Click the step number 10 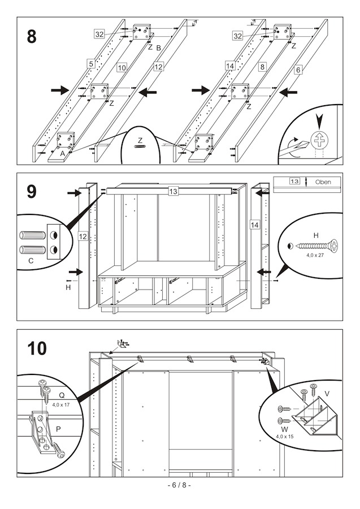(x=37, y=348)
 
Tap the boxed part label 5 (x=90, y=64)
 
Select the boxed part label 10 (x=122, y=67)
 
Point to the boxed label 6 (x=298, y=70)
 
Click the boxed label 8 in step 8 (x=262, y=67)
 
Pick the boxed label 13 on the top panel (x=173, y=192)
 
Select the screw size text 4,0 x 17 (x=60, y=405)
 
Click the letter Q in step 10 (x=62, y=396)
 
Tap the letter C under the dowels (x=31, y=261)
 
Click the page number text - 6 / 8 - (x=180, y=485)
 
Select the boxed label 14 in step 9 (x=254, y=225)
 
